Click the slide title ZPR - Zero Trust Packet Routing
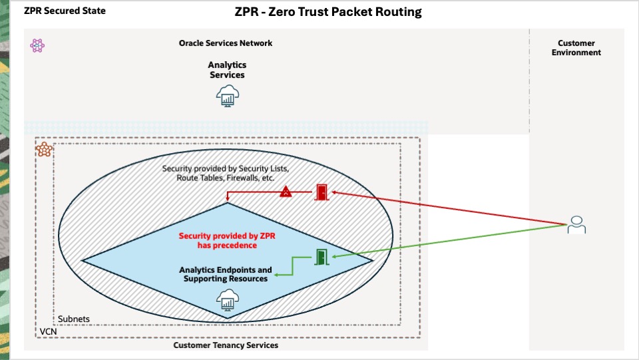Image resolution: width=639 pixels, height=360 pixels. [x=328, y=12]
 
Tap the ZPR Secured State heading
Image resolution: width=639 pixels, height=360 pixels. [x=65, y=11]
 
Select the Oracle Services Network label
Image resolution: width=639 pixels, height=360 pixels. [x=226, y=43]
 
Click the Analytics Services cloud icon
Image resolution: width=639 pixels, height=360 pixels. [x=227, y=96]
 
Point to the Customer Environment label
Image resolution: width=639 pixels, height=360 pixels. [x=576, y=48]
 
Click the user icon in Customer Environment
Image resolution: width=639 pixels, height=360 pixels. [x=576, y=226]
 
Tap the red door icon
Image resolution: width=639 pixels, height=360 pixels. [x=322, y=193]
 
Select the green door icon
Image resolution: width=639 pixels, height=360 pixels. [x=322, y=257]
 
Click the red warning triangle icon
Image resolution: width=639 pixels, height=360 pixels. [x=286, y=192]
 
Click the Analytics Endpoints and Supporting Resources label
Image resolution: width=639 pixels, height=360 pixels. [x=226, y=274]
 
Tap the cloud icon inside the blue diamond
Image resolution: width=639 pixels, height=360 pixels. [x=227, y=301]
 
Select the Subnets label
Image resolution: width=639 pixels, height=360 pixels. [x=74, y=319]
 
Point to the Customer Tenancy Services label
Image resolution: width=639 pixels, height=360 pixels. [x=226, y=345]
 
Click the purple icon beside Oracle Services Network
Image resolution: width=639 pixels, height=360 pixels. [x=37, y=45]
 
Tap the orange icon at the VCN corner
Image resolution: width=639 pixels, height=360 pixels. [x=45, y=149]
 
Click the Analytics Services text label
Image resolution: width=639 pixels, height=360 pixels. [x=227, y=70]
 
